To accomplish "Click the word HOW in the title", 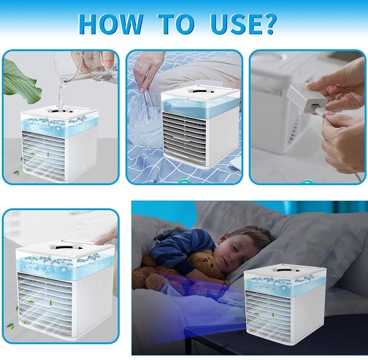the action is [110, 24].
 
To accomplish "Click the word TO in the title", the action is [176, 24].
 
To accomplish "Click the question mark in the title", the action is [268, 24].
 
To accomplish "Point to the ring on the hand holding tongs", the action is [139, 65].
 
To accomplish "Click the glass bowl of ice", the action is [145, 120].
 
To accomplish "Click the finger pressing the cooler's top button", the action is [106, 239].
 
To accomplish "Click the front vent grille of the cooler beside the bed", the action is [268, 315].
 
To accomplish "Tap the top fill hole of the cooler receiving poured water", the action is [61, 111].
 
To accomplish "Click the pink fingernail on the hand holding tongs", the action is [142, 90].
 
